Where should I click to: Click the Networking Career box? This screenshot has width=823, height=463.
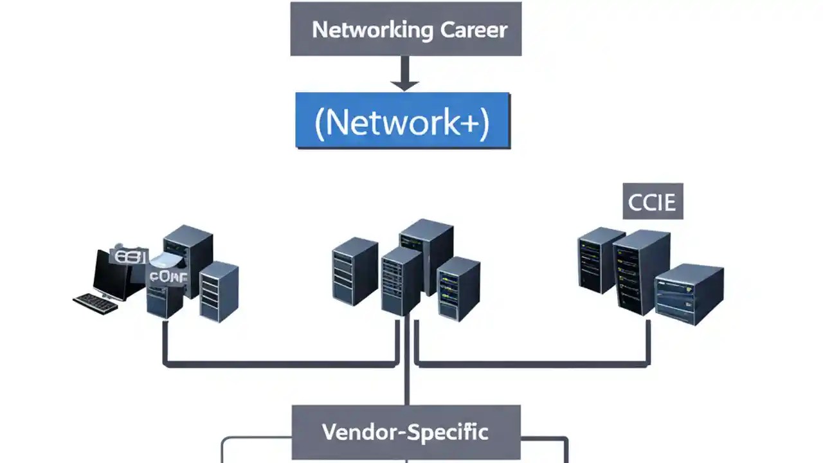(x=406, y=28)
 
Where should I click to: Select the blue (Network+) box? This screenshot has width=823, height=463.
(x=402, y=121)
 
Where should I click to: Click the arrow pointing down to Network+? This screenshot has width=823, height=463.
(x=405, y=74)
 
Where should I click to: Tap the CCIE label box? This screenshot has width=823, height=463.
(x=653, y=202)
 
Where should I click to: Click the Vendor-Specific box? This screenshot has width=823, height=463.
(x=406, y=432)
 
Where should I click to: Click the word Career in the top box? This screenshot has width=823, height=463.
(x=475, y=30)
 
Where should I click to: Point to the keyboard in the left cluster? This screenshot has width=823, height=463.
(x=96, y=302)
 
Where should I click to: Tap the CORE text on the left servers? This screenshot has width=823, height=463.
(x=168, y=277)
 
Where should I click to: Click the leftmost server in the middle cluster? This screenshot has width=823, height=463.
(x=354, y=271)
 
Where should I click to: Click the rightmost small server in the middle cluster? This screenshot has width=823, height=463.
(x=458, y=287)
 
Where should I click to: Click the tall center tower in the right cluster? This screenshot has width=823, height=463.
(x=640, y=270)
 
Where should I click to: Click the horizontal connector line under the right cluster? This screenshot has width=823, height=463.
(x=532, y=364)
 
